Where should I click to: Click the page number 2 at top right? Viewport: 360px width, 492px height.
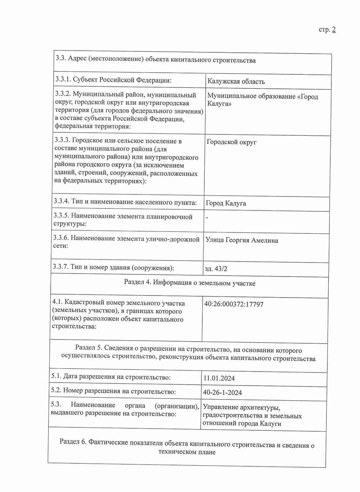click(x=334, y=30)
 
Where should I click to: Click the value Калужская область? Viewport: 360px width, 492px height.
click(x=236, y=81)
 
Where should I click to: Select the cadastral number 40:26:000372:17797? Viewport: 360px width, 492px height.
click(x=234, y=304)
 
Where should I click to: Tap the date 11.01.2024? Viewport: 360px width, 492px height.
click(x=219, y=378)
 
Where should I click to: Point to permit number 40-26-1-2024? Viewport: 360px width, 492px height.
click(x=222, y=393)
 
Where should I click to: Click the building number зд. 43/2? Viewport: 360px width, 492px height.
click(x=216, y=269)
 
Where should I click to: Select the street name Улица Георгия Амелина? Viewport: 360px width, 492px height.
click(x=242, y=240)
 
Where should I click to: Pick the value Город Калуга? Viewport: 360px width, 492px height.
click(x=226, y=203)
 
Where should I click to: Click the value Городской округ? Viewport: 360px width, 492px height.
click(x=232, y=142)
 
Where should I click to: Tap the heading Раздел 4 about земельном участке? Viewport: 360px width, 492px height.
click(x=190, y=283)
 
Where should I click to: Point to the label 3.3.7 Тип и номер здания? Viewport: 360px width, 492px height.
click(x=113, y=267)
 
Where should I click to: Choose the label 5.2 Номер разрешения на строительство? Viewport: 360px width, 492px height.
click(x=113, y=391)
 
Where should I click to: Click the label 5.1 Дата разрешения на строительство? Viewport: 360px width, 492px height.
click(x=111, y=377)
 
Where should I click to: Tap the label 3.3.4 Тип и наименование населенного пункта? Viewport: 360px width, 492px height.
click(x=125, y=202)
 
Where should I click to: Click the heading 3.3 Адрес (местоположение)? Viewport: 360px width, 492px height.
click(x=156, y=60)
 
